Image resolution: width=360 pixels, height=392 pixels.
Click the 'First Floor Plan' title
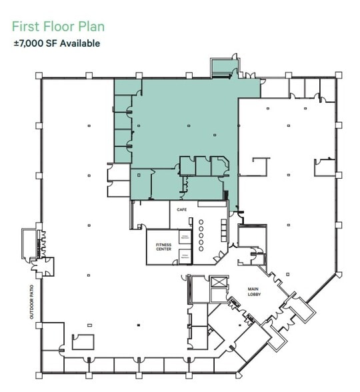58,27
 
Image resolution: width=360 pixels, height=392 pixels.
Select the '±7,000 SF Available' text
57,43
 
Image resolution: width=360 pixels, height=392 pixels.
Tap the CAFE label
181,209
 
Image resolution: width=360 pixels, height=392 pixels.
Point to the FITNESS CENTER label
163,247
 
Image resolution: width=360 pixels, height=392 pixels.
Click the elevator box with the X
219,282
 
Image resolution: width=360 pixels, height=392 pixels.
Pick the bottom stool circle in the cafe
201,248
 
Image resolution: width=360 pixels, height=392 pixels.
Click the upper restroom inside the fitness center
185,236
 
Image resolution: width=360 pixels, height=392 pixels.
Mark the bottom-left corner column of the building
42,371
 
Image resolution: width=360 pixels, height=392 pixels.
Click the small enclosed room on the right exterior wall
327,166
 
